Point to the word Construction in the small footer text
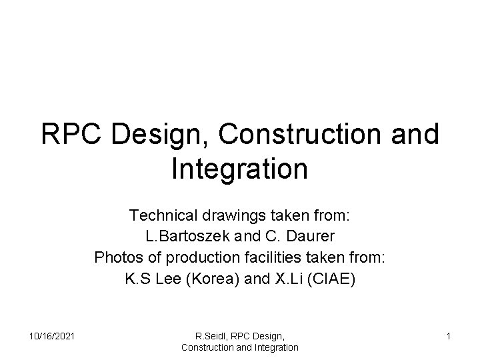[x=209, y=347]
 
